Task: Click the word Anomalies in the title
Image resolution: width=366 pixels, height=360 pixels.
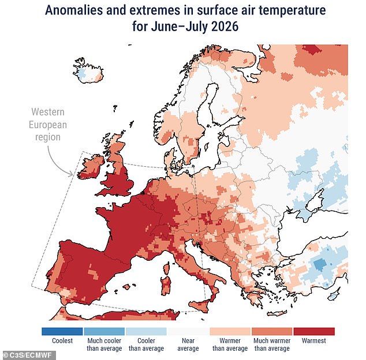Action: (74, 10)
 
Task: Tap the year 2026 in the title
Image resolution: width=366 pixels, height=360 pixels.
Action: (225, 27)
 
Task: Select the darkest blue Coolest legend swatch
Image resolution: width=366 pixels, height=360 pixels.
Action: (62, 331)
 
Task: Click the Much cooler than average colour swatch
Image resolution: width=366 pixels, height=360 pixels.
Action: (104, 331)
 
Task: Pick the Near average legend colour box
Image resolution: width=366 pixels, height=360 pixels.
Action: (188, 331)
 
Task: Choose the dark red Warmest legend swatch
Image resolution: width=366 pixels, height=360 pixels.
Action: (314, 331)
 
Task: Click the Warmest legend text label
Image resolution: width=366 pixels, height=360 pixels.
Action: (313, 340)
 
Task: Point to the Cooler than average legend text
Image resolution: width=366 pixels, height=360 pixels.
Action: (147, 344)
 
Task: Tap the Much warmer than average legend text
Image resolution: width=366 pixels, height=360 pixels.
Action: (272, 344)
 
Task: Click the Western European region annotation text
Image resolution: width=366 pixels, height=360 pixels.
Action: (48, 125)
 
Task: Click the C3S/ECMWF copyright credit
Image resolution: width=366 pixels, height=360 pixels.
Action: (28, 355)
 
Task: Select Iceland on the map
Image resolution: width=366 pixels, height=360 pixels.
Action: (88, 71)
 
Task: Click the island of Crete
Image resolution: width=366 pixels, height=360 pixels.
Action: (277, 313)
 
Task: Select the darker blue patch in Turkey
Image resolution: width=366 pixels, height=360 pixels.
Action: (320, 264)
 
